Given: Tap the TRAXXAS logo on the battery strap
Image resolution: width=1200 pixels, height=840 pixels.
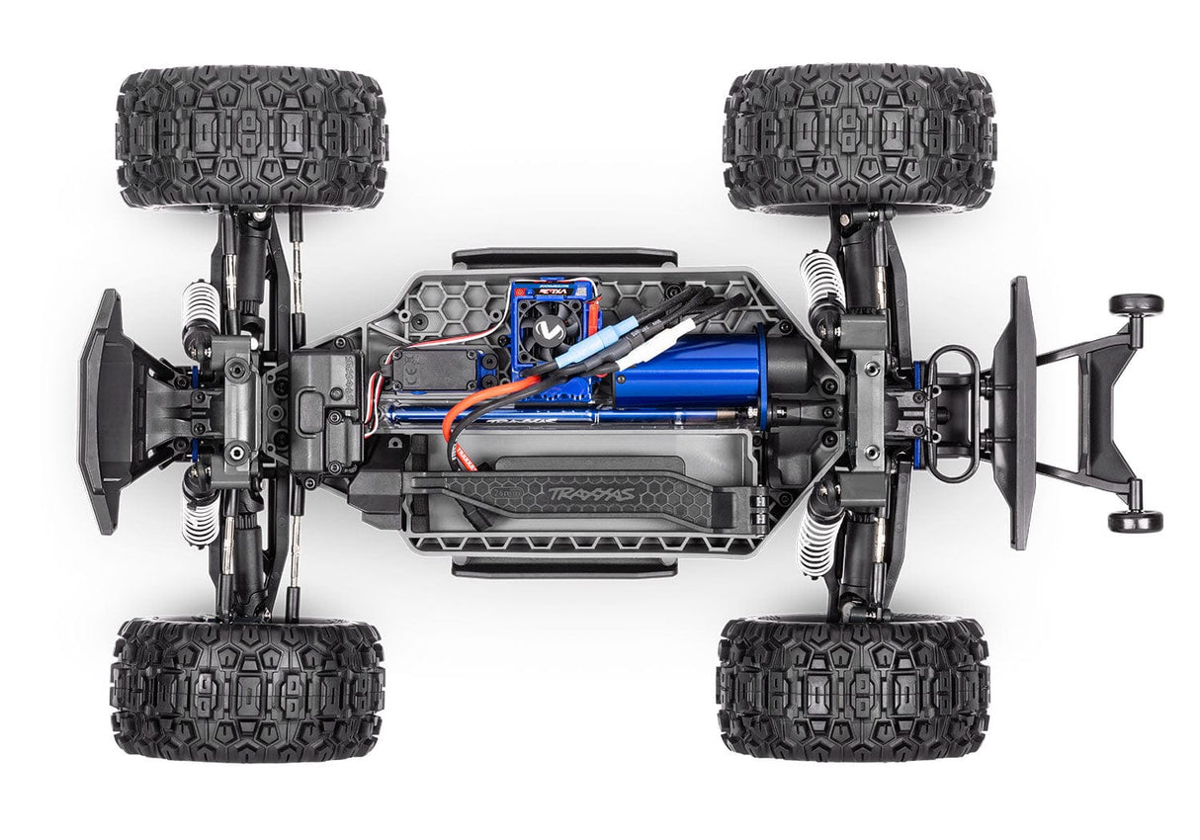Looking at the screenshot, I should coord(592,491).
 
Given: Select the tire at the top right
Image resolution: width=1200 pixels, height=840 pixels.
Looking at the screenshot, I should coord(859,138).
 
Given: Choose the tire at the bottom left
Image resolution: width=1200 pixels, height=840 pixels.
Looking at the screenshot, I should coord(247,688).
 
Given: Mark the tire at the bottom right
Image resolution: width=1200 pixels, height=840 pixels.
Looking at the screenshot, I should coord(853,689).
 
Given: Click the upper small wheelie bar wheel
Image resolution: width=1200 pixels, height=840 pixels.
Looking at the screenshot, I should coord(1135,304).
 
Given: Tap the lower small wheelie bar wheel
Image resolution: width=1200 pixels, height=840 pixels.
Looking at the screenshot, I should coord(1135,521).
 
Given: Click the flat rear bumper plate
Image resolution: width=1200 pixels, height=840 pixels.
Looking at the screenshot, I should coord(1020,412).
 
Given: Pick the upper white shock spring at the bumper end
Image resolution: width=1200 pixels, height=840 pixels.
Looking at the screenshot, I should coord(198,311).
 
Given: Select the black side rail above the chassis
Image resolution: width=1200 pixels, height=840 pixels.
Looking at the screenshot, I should coord(564,257).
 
